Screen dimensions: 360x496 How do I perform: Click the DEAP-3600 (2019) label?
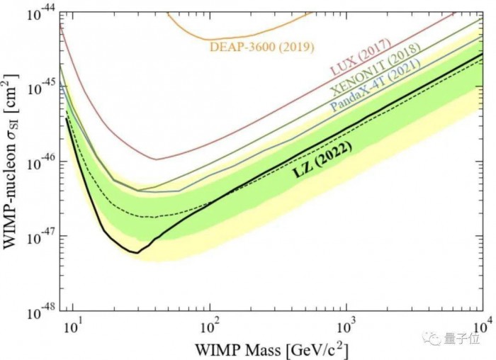pyautogui.click(x=261, y=47)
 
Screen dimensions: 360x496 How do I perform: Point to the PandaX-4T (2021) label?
pyautogui.click(x=376, y=85)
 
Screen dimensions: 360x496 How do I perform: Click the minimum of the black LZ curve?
pyautogui.click(x=137, y=252)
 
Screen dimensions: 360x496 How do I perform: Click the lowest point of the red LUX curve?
pyautogui.click(x=156, y=159)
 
